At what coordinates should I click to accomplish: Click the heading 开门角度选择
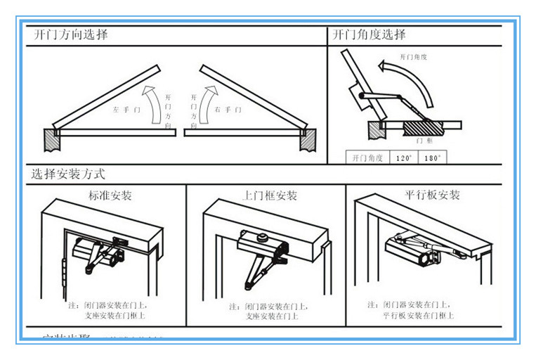tap(370, 34)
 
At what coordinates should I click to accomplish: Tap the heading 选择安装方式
tap(69, 173)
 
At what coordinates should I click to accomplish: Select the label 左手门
tap(127, 110)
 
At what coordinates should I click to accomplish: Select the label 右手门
tap(228, 110)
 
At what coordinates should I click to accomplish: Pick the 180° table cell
tap(433, 158)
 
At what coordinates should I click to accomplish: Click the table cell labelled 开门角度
tap(367, 158)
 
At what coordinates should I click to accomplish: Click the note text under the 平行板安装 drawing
tap(419, 310)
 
